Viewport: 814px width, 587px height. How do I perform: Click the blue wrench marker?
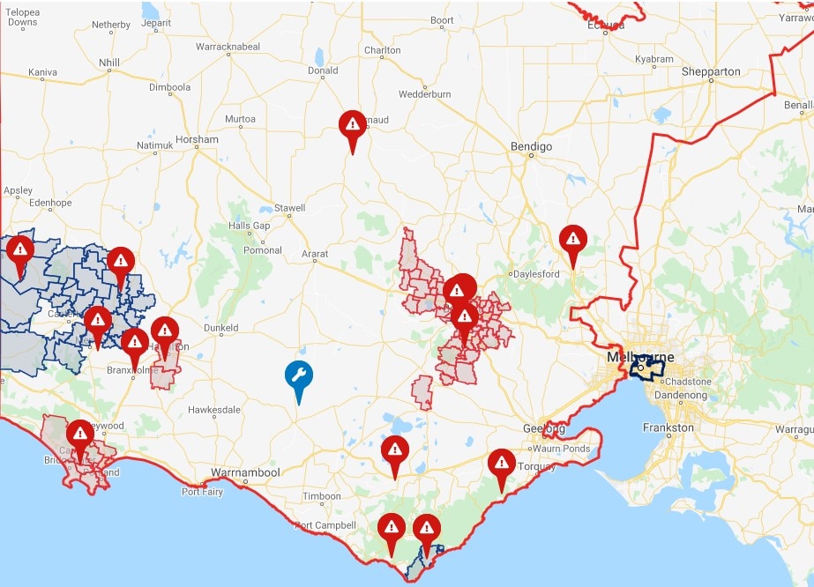click(298, 376)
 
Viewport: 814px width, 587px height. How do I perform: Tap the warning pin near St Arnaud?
click(352, 125)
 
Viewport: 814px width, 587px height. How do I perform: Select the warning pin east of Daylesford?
click(573, 239)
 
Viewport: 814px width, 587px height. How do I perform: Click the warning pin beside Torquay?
click(501, 464)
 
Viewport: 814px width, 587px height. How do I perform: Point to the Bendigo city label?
click(531, 146)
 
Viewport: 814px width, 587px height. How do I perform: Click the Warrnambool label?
click(244, 472)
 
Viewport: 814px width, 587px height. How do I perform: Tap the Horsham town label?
click(197, 140)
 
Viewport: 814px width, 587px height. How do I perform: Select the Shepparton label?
click(711, 71)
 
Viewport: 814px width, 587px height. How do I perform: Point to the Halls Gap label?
click(249, 226)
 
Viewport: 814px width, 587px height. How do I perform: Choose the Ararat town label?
click(315, 255)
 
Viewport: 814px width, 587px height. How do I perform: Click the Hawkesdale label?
click(213, 410)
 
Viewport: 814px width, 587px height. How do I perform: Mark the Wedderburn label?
click(425, 93)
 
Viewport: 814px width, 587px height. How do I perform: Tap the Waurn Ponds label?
click(562, 449)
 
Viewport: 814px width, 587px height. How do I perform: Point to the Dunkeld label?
click(220, 328)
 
